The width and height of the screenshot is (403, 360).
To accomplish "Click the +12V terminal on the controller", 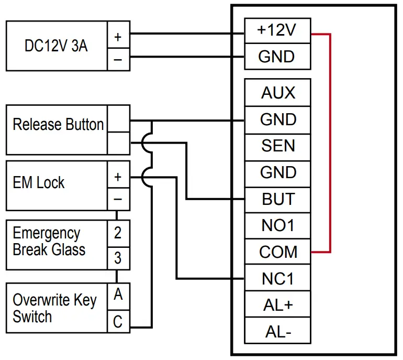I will (277, 30).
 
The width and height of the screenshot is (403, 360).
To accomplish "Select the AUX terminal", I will (277, 93).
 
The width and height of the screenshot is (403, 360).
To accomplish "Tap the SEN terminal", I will (277, 146).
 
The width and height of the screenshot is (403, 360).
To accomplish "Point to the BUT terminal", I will (277, 199).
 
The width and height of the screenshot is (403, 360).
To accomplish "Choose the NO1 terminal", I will (277, 225).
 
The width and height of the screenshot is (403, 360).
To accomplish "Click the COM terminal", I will (277, 252).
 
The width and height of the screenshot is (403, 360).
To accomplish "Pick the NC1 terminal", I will (277, 279).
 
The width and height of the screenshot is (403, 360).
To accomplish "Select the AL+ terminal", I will (277, 305).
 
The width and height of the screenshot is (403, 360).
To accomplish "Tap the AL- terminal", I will (277, 331).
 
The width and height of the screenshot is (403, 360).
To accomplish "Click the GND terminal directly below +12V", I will (277, 57).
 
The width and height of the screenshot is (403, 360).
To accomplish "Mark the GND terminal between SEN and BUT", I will (277, 172).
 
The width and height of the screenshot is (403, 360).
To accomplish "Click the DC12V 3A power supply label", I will (56, 46).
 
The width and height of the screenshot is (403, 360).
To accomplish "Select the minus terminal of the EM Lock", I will (118, 199).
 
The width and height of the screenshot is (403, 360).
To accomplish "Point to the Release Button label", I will (58, 125).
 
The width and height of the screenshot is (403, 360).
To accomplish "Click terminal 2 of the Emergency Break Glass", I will (118, 232).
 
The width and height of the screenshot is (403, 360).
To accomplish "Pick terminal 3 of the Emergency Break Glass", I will (118, 258).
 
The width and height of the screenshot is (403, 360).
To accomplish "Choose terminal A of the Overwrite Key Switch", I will (118, 295).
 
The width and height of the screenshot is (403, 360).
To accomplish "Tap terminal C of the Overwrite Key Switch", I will (118, 321).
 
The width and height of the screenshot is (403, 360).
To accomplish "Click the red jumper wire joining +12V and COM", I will (330, 141).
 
